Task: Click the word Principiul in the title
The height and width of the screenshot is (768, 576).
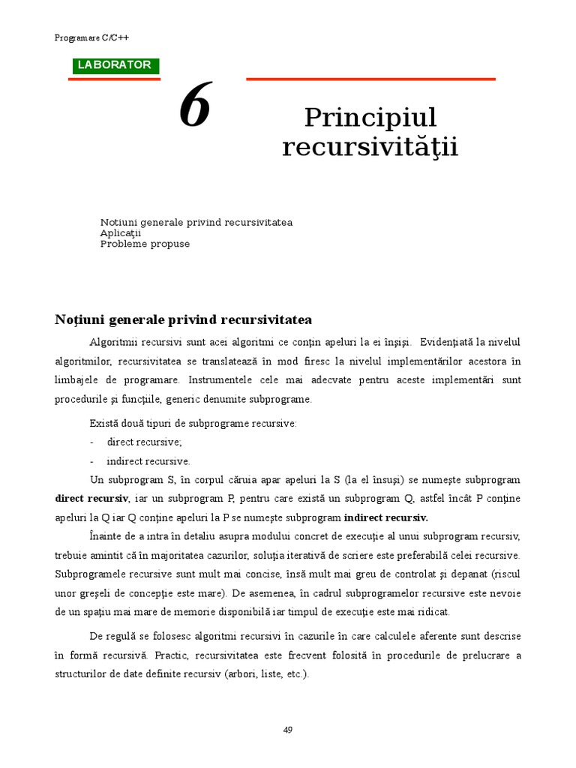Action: (x=370, y=118)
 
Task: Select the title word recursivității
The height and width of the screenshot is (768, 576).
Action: (x=370, y=147)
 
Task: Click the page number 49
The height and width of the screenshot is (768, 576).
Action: (x=288, y=730)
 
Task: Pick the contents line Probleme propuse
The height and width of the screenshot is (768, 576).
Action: (x=145, y=244)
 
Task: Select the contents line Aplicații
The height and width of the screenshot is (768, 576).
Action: (x=121, y=233)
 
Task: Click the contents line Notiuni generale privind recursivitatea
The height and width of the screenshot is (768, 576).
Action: (x=196, y=223)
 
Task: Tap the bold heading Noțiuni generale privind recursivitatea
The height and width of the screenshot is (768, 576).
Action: (x=183, y=320)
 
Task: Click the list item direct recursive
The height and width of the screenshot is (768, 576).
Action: (x=144, y=442)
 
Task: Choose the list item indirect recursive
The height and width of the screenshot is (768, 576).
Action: (x=148, y=461)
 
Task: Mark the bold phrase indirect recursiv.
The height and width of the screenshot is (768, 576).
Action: (x=385, y=517)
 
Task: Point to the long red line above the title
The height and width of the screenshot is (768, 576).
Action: (x=370, y=78)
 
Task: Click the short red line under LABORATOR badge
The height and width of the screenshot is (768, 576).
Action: (x=114, y=79)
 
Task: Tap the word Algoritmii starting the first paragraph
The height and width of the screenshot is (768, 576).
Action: (x=113, y=342)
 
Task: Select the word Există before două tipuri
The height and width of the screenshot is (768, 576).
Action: (x=103, y=424)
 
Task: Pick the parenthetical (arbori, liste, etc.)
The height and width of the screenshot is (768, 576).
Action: (x=266, y=674)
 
